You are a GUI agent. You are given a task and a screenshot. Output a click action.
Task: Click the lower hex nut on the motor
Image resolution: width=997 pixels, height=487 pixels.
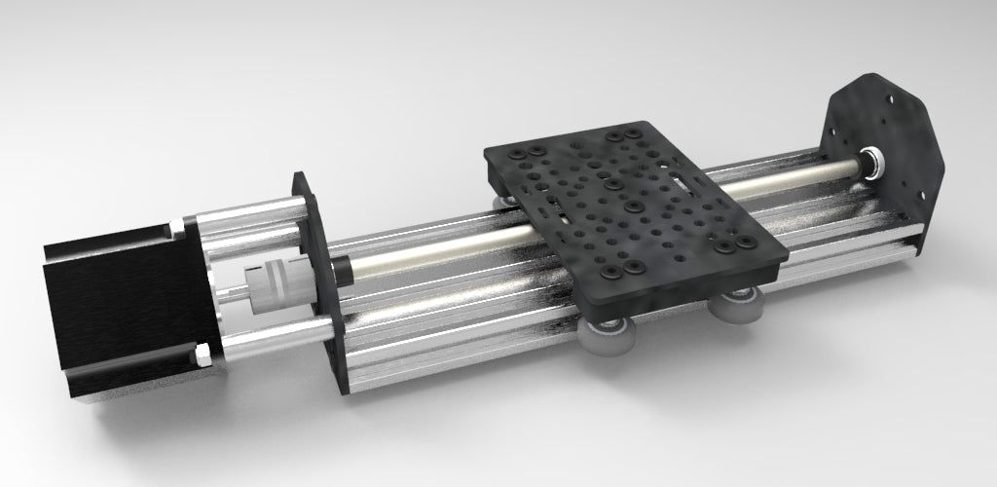pyautogui.click(x=203, y=355)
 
